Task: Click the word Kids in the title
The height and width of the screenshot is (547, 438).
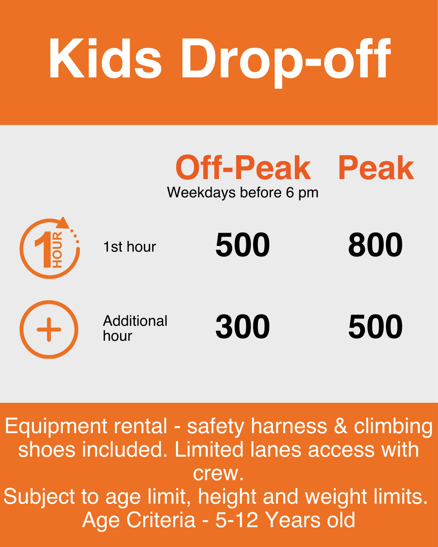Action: pyautogui.click(x=105, y=59)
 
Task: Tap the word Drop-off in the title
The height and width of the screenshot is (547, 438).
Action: pyautogui.click(x=285, y=59)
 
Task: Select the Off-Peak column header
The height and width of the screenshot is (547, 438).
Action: pyautogui.click(x=243, y=168)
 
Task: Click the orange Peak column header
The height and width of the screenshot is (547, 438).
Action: pyautogui.click(x=376, y=168)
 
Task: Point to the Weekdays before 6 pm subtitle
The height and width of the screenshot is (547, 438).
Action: pyautogui.click(x=243, y=192)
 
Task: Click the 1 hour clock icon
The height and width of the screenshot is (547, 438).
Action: pyautogui.click(x=50, y=248)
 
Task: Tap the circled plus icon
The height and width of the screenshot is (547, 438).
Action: pyautogui.click(x=49, y=329)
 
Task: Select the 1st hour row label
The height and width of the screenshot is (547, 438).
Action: pyautogui.click(x=129, y=247)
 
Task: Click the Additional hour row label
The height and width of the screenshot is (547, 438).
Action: pyautogui.click(x=135, y=328)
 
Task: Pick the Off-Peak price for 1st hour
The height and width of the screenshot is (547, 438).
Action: pyautogui.click(x=243, y=245)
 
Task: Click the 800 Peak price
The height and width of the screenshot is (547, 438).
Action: pyautogui.click(x=375, y=245)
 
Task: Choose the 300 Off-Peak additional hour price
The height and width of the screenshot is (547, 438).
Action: pyautogui.click(x=243, y=327)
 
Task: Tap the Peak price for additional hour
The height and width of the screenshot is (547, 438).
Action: pyautogui.click(x=375, y=327)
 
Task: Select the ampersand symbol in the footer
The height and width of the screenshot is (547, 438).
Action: pyautogui.click(x=341, y=426)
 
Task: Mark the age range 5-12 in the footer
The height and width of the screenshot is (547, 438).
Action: pyautogui.click(x=236, y=520)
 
